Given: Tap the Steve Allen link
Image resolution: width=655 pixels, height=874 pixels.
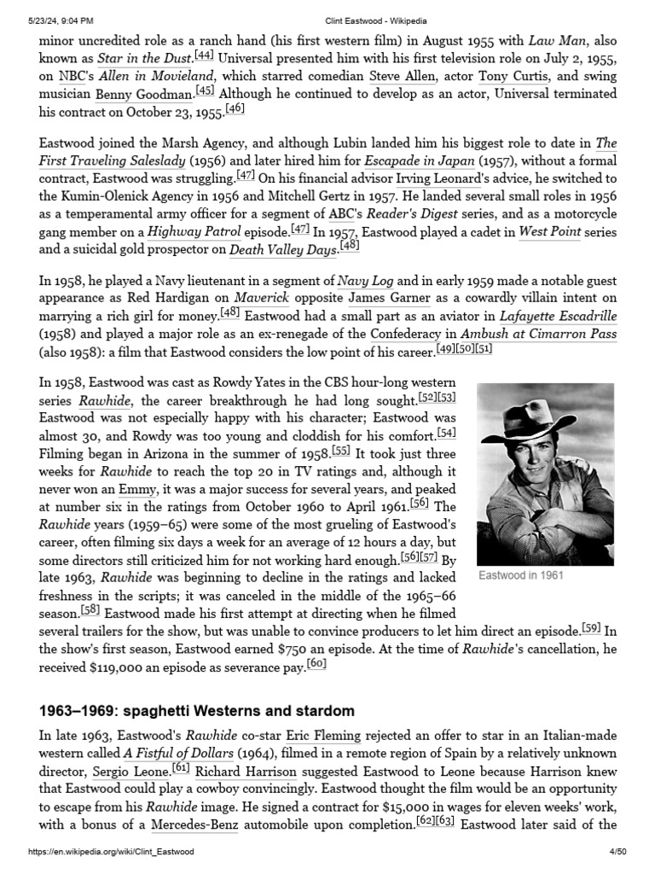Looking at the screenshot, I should tap(402, 77).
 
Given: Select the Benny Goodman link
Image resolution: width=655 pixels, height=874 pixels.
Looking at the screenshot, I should tap(142, 95).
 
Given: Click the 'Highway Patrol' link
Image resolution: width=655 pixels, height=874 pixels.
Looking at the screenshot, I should tap(194, 231).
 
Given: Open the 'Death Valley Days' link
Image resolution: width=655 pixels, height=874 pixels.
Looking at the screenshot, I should tap(283, 249).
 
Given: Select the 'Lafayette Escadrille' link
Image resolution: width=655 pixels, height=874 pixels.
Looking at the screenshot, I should tap(558, 316).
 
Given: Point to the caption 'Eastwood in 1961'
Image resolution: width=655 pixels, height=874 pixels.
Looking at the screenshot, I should tap(521, 576).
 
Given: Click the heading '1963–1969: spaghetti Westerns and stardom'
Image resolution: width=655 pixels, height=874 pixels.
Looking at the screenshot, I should tap(197, 711).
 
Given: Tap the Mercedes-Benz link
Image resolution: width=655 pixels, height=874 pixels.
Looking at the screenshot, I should tap(194, 826).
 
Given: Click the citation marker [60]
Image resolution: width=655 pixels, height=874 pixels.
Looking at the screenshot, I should tap(316, 664).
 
